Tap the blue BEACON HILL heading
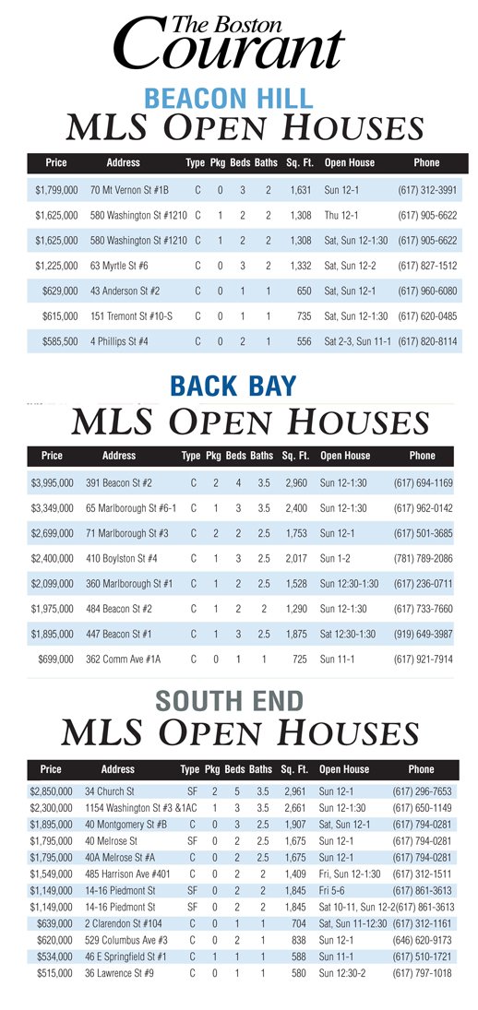click(x=228, y=99)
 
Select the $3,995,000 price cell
click(x=52, y=482)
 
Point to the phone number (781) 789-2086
click(x=423, y=558)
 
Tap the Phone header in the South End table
click(x=421, y=769)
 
